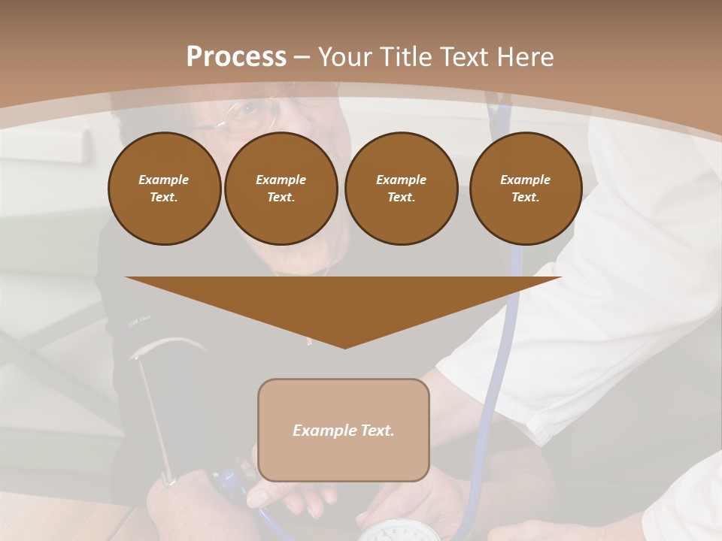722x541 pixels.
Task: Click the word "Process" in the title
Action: pyautogui.click(x=236, y=57)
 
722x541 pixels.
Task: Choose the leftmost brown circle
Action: pyautogui.click(x=164, y=188)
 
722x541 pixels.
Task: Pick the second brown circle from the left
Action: pyautogui.click(x=281, y=188)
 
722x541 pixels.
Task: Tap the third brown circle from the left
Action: pyautogui.click(x=402, y=188)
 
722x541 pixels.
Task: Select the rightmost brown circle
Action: pyautogui.click(x=526, y=188)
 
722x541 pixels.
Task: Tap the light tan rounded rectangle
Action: pyautogui.click(x=344, y=430)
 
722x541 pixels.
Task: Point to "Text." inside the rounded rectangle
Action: pyautogui.click(x=378, y=431)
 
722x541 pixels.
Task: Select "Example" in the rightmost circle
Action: pyautogui.click(x=526, y=180)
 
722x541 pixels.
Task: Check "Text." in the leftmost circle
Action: pyautogui.click(x=164, y=197)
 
